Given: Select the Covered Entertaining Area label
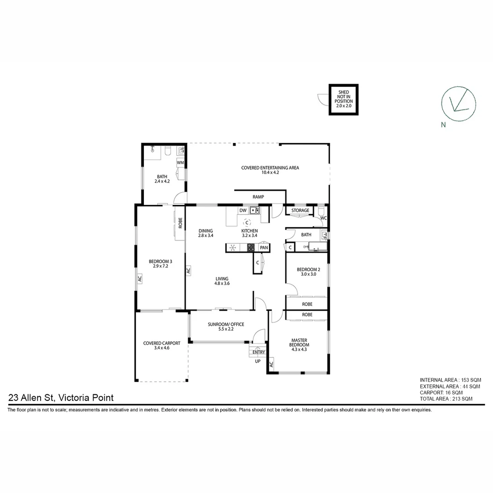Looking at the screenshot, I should (x=270, y=170).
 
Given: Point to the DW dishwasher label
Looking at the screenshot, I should (x=243, y=210).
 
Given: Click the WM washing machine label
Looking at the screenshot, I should (x=180, y=163).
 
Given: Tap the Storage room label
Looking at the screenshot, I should (x=300, y=210).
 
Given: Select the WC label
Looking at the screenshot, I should (x=323, y=218).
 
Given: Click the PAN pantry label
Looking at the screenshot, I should (x=264, y=247).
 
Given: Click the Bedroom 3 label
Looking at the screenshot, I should (x=160, y=263).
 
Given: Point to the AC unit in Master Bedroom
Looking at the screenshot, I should (x=271, y=364).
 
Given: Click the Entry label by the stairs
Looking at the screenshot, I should (x=258, y=352).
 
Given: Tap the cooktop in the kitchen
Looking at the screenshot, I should (x=251, y=248).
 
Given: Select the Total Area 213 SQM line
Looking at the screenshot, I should (x=446, y=399).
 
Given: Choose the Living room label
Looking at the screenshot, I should (x=222, y=281).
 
